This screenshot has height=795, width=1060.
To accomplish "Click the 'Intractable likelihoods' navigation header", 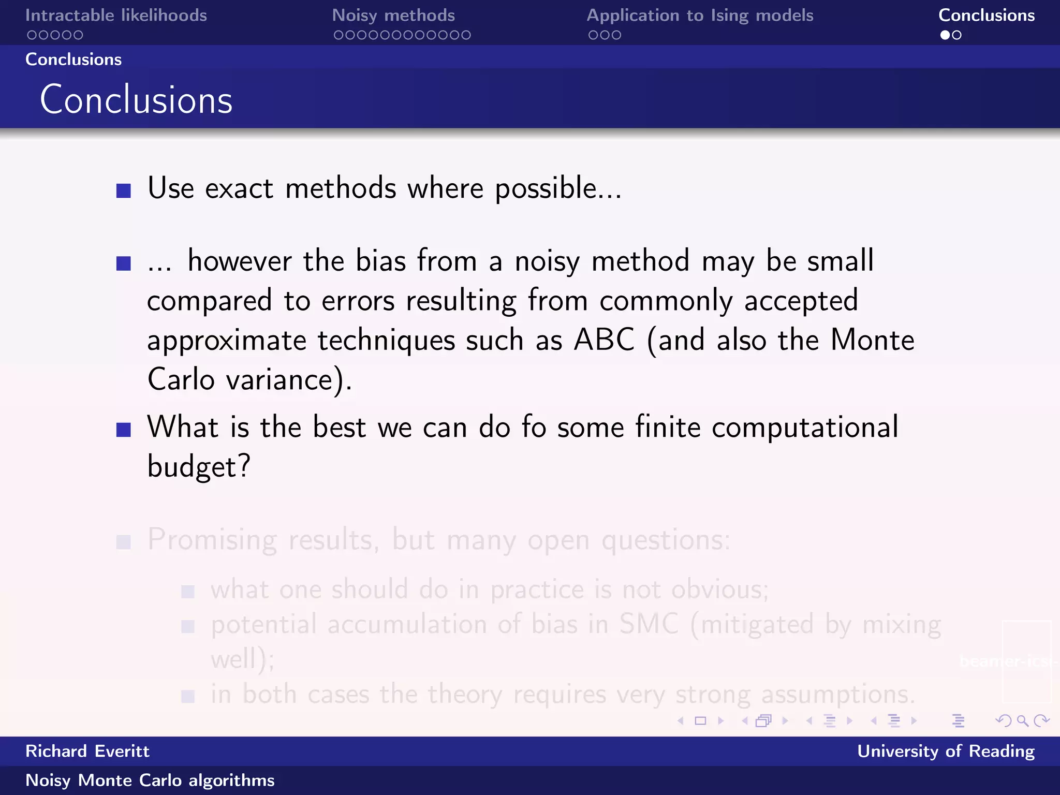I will coord(116,16).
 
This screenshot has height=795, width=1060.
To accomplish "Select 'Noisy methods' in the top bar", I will coord(393,16).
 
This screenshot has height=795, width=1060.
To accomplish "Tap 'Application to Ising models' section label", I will coord(700,16).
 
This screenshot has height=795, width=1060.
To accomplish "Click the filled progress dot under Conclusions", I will coord(945,35).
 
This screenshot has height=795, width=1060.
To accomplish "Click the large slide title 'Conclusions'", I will coord(136,99).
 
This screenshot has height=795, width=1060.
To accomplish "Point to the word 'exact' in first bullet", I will coord(239,188).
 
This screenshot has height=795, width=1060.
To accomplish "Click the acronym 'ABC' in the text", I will coord(604,340).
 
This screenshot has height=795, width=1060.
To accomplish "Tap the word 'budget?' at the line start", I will coord(199,466).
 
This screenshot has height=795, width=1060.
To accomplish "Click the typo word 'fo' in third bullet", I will coord(534,427).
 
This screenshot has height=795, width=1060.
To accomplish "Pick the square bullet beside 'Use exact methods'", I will coord(124,191).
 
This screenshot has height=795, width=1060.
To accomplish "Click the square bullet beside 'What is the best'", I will coord(124,430).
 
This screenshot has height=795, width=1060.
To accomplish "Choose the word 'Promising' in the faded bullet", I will coord(212,540).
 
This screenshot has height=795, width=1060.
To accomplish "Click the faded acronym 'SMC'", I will coord(649,624).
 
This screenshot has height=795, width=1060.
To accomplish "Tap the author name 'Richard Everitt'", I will coord(87,751).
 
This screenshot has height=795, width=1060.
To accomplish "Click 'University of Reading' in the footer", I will coord(946,751).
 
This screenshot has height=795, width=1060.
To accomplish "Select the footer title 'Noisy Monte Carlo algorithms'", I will coord(150,780).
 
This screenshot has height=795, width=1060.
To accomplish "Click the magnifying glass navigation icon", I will coord(1022,720).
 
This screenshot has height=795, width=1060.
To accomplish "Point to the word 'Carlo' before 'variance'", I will coord(181,379).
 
